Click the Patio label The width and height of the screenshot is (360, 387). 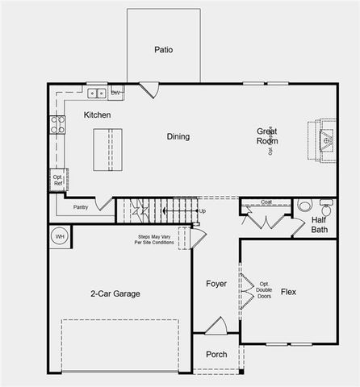163,50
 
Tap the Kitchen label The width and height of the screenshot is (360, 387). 97,115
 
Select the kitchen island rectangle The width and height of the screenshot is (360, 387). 103,149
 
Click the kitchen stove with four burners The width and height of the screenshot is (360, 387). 58,124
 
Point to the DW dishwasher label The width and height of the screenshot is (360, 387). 116,93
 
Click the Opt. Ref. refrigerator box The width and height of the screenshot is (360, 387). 58,181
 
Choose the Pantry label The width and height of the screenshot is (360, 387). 80,207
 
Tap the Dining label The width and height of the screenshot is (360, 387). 178,136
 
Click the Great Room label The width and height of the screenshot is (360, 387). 267,135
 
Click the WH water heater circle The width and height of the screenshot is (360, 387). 59,237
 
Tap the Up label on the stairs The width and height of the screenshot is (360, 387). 203,211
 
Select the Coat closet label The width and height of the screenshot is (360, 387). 266,202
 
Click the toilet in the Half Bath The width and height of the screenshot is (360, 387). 306,205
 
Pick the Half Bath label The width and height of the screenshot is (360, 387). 319,224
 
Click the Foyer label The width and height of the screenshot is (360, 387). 216,284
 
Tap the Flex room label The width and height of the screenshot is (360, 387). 288,291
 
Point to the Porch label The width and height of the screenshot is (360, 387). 216,354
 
